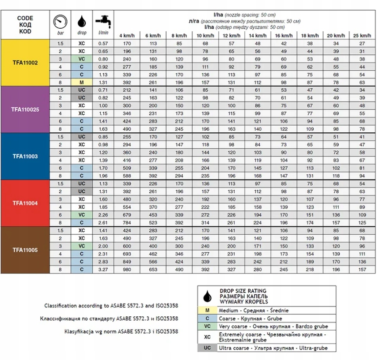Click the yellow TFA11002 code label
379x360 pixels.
[x=25, y=63]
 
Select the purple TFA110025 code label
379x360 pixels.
[x=25, y=109]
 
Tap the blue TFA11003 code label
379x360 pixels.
[x=25, y=156]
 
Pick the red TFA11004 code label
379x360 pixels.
[x=25, y=203]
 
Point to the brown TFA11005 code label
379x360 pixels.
[x=25, y=250]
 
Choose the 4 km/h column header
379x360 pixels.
[x=127, y=36]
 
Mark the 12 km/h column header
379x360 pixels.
[x=231, y=36]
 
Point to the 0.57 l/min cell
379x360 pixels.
[x=103, y=44]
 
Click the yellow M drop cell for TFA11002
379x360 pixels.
[x=82, y=82]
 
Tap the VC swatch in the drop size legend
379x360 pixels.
[x=208, y=326]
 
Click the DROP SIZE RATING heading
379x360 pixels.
[x=243, y=291]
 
